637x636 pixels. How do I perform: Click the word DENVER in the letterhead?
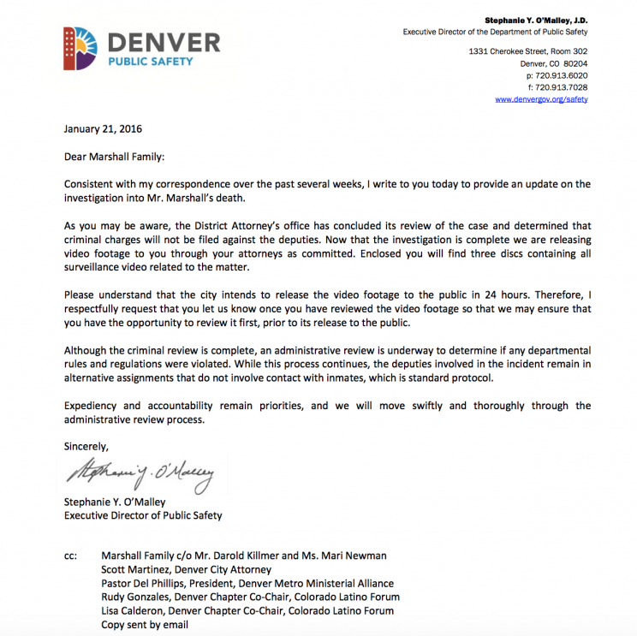pyautogui.click(x=163, y=41)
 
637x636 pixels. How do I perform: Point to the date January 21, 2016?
pyautogui.click(x=103, y=129)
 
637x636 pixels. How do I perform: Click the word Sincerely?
pyautogui.click(x=86, y=445)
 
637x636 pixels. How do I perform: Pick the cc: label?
pyautogui.click(x=71, y=556)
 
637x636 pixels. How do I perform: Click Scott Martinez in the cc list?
pyautogui.click(x=134, y=569)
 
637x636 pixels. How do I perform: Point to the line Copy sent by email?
pyautogui.click(x=144, y=624)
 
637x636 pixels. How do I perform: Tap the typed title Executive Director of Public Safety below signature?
pyautogui.click(x=142, y=515)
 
